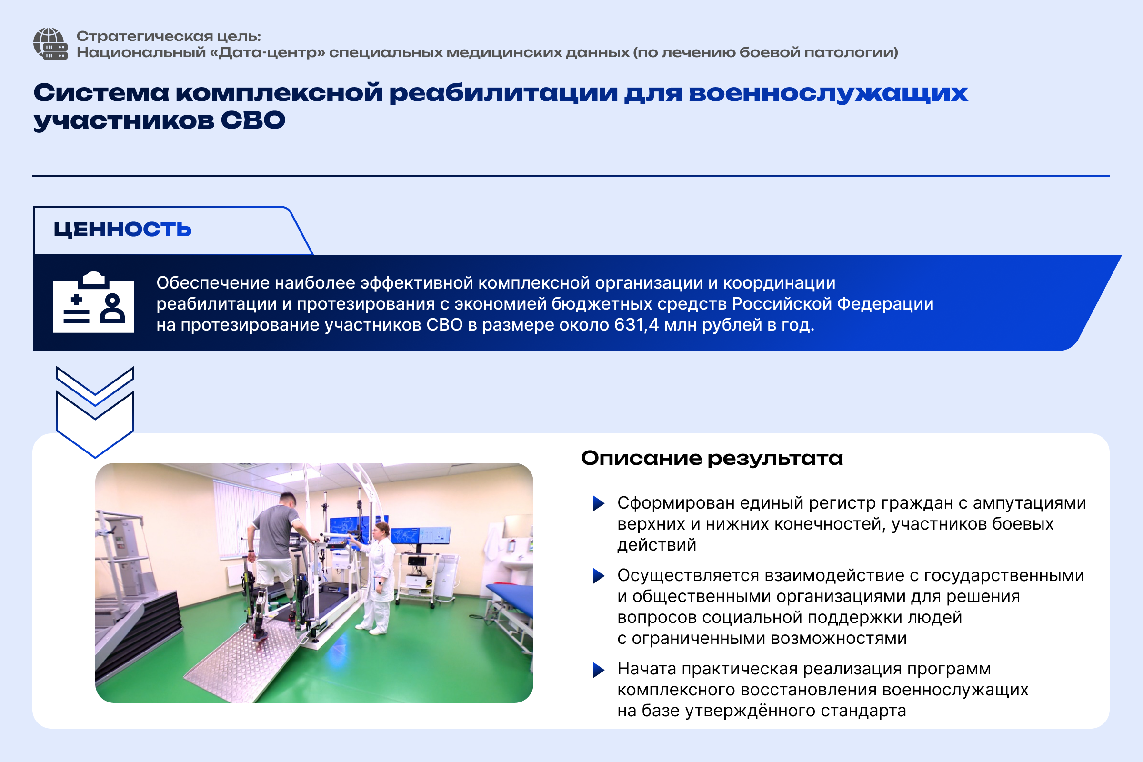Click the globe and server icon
click(x=50, y=44)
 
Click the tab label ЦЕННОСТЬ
click(x=122, y=229)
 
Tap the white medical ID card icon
click(x=94, y=302)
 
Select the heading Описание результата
click(x=712, y=458)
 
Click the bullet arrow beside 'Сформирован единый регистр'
click(x=599, y=503)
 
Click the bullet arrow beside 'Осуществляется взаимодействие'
click(x=599, y=576)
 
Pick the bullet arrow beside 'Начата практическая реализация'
click(x=599, y=670)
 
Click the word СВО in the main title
click(x=253, y=120)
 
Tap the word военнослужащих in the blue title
click(x=828, y=93)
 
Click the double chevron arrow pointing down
click(x=95, y=412)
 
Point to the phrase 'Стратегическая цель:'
click(x=169, y=37)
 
